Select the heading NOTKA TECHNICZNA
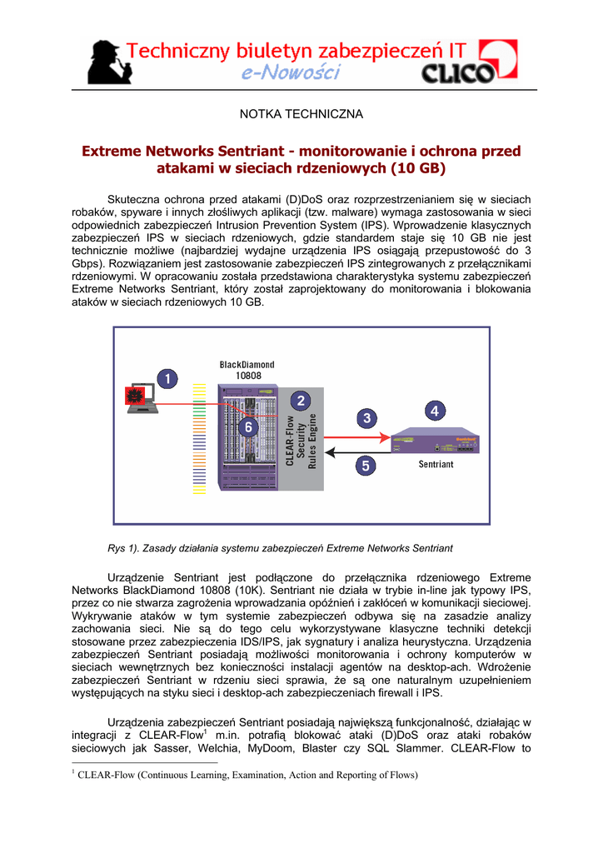click(301, 112)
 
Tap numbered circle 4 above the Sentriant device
click(436, 410)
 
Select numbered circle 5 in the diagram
click(365, 466)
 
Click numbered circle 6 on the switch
click(246, 426)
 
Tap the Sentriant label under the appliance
click(436, 465)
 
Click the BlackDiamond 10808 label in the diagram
click(247, 369)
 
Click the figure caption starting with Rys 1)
click(275, 549)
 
